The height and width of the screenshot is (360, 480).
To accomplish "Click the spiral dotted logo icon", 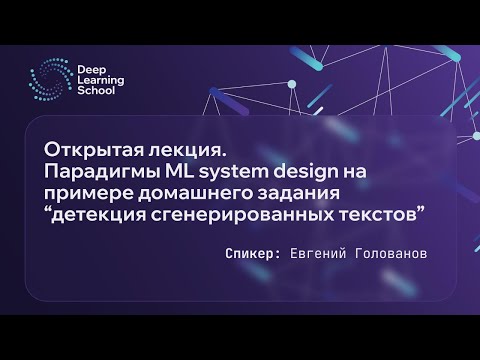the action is (51, 79).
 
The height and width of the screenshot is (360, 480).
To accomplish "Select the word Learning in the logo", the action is (101, 81).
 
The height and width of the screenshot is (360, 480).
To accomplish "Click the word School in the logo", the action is (96, 90).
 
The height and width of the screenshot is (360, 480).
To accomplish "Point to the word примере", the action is (88, 194).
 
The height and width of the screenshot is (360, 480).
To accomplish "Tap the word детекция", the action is (98, 215).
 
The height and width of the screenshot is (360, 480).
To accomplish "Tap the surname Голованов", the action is (391, 254).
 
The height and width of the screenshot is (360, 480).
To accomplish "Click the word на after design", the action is (354, 173).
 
